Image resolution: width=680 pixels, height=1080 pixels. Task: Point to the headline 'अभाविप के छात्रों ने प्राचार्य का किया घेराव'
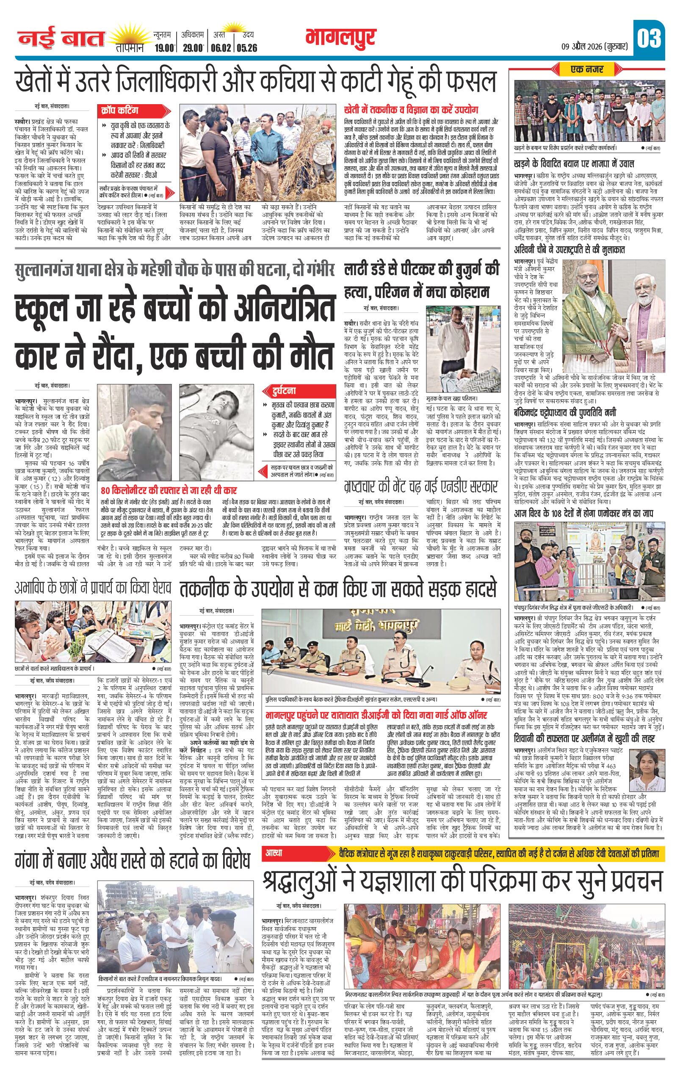(x=93, y=588)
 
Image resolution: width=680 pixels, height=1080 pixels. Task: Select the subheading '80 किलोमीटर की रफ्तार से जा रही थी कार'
(x=169, y=490)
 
